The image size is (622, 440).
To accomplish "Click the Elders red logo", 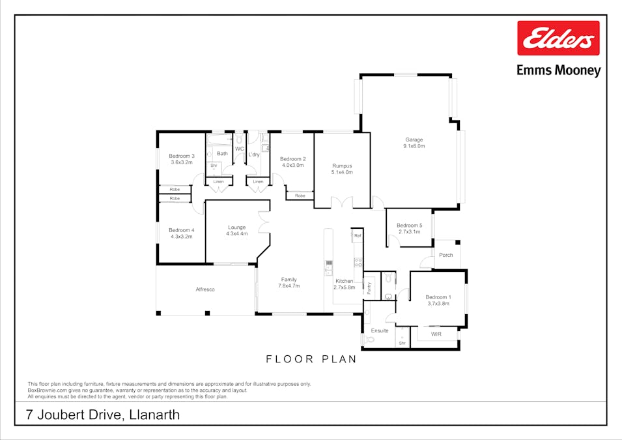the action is (x=558, y=38).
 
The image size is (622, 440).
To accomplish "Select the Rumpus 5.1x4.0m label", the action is (x=342, y=169).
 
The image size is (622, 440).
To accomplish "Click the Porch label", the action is (x=446, y=255).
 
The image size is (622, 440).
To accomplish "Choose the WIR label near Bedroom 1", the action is (x=436, y=334).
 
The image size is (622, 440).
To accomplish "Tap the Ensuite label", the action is (x=380, y=330).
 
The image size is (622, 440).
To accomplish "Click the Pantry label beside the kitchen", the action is (x=369, y=288).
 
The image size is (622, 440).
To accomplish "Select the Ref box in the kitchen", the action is (x=358, y=235).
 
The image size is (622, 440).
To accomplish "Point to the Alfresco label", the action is (x=205, y=289).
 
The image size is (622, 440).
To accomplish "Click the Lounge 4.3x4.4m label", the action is (x=237, y=230).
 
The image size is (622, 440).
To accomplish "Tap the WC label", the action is (x=239, y=149).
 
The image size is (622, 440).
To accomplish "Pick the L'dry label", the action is (x=254, y=154).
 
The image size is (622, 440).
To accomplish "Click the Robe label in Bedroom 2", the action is (x=300, y=196).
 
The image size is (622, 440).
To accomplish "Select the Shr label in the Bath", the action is (x=214, y=165).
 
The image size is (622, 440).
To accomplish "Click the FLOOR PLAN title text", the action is (x=311, y=359).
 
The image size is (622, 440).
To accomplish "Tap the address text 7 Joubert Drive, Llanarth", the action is (x=103, y=415).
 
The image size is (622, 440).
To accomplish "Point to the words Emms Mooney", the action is (x=559, y=70).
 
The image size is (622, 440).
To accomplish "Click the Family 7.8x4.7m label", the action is (x=289, y=282).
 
